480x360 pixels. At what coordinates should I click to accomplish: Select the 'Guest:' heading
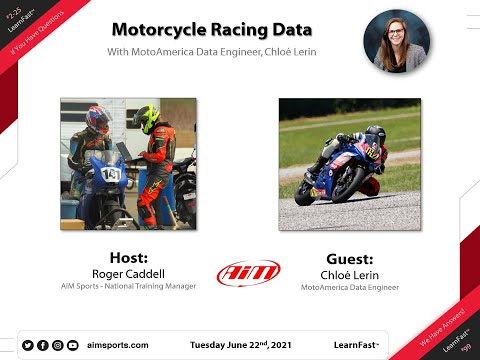coord(349,256)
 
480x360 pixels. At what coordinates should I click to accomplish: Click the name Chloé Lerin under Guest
coord(349,272)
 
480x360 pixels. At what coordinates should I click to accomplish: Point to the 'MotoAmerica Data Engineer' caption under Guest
coord(349,287)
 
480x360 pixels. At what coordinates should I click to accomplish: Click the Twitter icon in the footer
coord(28,345)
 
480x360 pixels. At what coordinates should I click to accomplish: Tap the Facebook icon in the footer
coord(43,345)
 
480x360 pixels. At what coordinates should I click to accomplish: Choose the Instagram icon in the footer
coord(58,345)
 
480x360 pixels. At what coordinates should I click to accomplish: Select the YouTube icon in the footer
coord(73,345)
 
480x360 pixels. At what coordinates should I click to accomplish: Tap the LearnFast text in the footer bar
coord(356,345)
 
